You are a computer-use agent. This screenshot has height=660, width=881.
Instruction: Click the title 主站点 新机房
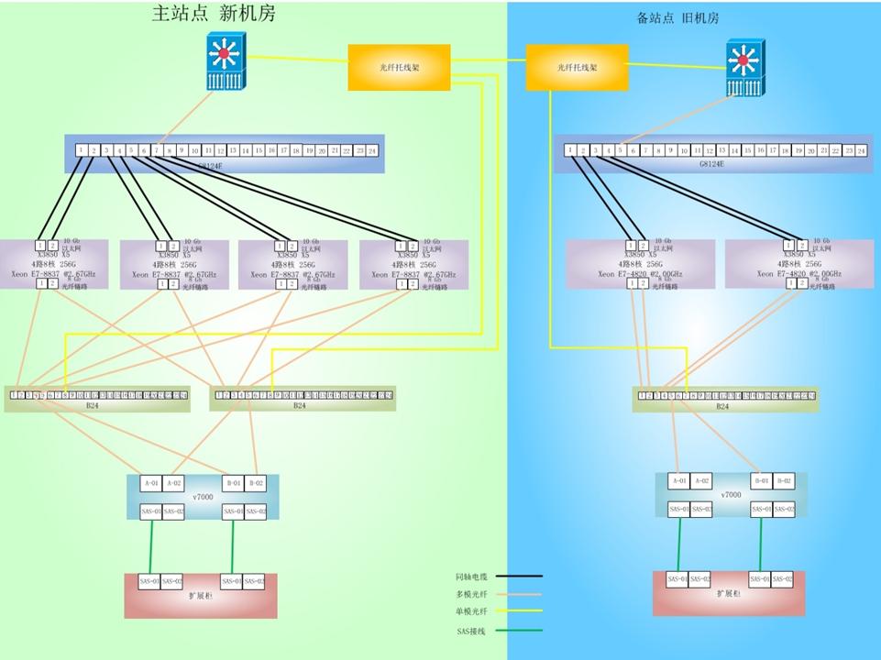213,14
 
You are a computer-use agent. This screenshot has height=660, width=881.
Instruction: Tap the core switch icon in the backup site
743,68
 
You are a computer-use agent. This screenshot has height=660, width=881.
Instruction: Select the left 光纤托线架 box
399,67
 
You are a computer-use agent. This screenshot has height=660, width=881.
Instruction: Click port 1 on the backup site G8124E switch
570,150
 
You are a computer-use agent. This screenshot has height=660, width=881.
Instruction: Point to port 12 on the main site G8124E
221,150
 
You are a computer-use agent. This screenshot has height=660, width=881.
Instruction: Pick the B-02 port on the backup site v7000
784,480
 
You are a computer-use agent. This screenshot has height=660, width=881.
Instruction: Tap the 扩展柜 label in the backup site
729,594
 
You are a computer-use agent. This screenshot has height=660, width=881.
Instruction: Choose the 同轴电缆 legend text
471,577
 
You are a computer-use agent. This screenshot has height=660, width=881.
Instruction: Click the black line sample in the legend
518,577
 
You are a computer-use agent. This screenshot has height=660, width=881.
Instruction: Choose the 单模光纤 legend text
471,610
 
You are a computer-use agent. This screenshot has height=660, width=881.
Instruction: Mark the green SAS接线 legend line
518,630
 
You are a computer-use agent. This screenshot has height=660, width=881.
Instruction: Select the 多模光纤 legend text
471,594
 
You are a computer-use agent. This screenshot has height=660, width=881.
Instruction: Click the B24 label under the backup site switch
722,406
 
